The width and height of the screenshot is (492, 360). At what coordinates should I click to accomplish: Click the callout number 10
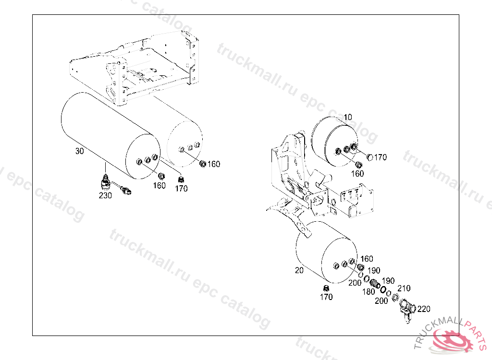(x=348, y=117)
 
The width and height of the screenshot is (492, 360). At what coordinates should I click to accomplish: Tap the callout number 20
(x=299, y=270)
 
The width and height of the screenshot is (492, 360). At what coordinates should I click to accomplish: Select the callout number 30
(x=80, y=151)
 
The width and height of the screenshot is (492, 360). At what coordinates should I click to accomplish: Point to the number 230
(x=105, y=195)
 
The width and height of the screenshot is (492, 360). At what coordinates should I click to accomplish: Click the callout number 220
(x=424, y=309)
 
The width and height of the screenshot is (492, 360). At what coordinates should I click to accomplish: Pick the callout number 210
(x=404, y=288)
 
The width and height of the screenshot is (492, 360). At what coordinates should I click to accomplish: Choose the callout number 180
(x=369, y=292)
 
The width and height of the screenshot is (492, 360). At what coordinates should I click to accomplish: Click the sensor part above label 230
(x=106, y=182)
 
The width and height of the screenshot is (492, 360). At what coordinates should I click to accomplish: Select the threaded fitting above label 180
(x=374, y=284)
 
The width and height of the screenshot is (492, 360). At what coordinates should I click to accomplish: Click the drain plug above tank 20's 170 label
(x=326, y=288)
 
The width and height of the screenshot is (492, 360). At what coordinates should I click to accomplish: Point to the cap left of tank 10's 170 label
(x=369, y=157)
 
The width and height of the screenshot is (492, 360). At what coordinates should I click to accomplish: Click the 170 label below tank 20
(x=326, y=297)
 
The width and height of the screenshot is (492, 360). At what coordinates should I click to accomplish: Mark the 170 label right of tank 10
(x=381, y=157)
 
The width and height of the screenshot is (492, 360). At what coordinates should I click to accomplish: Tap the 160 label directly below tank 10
(x=357, y=173)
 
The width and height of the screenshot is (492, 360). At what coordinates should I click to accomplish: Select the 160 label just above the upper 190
(x=367, y=259)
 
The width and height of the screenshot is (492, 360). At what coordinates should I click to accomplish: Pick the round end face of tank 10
(x=342, y=146)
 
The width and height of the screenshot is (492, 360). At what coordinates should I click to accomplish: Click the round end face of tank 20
(x=339, y=260)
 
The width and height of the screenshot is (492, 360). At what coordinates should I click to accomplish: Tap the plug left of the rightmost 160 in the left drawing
(x=203, y=164)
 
